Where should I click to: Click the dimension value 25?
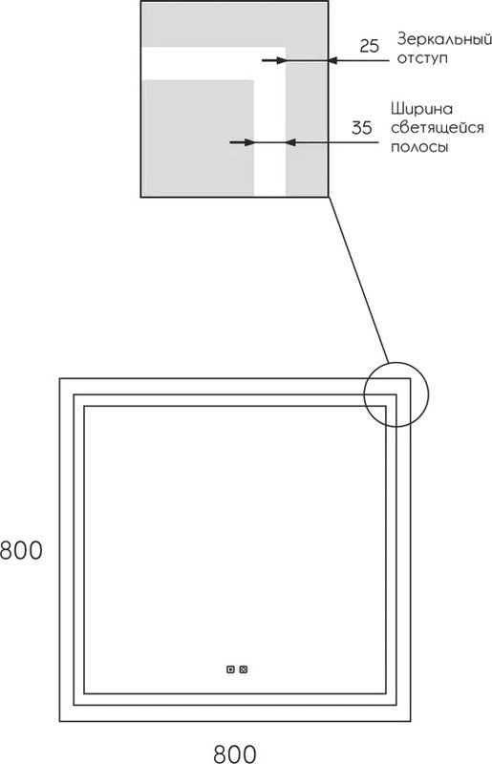pos(369,46)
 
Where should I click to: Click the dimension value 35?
pos(361,128)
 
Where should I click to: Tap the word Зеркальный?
pos(444,39)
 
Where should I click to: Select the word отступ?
pos(422,58)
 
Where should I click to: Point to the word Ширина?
pos(422,109)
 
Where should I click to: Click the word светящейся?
pos(438,128)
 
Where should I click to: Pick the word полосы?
pos(419,147)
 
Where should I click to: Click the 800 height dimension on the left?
pos(21,551)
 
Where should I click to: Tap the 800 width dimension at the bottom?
pos(235,753)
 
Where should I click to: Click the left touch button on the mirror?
pos(230,669)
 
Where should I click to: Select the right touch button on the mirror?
pos(244,669)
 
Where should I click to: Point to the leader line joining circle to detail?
pos(358,280)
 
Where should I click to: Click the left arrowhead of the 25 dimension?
pos(279,60)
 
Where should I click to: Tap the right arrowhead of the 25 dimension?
pos(333,60)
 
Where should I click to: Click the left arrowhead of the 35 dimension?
pos(248,142)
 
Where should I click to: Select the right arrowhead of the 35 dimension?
pos(291,142)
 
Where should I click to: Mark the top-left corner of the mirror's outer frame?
pos(59,378)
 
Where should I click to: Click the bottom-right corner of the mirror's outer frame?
pos(411,721)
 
